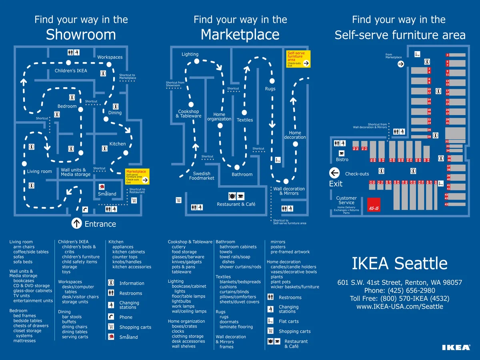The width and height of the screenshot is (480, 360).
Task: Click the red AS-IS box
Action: pos(374,204)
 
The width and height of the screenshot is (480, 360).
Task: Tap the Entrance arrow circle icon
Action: pos(76,223)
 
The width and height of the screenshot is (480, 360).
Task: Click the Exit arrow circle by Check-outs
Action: pos(334,173)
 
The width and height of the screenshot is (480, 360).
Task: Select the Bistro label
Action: pos(342,160)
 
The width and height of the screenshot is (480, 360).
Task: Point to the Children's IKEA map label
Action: pos(71,71)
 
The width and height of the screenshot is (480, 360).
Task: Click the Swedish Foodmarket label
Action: pos(202,176)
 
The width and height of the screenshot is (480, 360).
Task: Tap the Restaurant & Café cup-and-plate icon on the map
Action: pos(236,196)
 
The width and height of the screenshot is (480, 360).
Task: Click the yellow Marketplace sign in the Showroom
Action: pos(138,176)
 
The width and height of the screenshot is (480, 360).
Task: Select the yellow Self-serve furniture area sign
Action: pos(298,59)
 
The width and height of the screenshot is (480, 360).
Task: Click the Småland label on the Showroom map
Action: pos(107,194)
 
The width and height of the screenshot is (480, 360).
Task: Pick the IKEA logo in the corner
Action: pos(456,347)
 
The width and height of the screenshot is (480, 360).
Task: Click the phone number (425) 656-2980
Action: pos(400,290)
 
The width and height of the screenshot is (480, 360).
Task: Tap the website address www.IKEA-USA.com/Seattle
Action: pos(400,306)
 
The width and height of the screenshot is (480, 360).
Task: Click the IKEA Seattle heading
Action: pos(400,263)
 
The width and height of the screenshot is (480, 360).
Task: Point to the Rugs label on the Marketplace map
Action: pos(270,89)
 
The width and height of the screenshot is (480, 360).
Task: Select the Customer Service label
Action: pos(346,200)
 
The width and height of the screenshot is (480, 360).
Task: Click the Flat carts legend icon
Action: pos(271,321)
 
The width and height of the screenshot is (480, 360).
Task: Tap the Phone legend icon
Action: pos(111,317)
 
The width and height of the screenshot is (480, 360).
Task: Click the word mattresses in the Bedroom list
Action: pos(24,341)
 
